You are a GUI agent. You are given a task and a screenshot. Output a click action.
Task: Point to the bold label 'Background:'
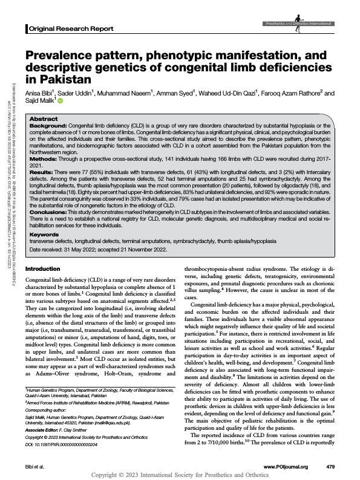49,126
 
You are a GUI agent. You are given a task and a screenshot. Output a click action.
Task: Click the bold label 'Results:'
44,173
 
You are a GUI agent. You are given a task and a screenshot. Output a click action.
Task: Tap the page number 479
330,467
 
